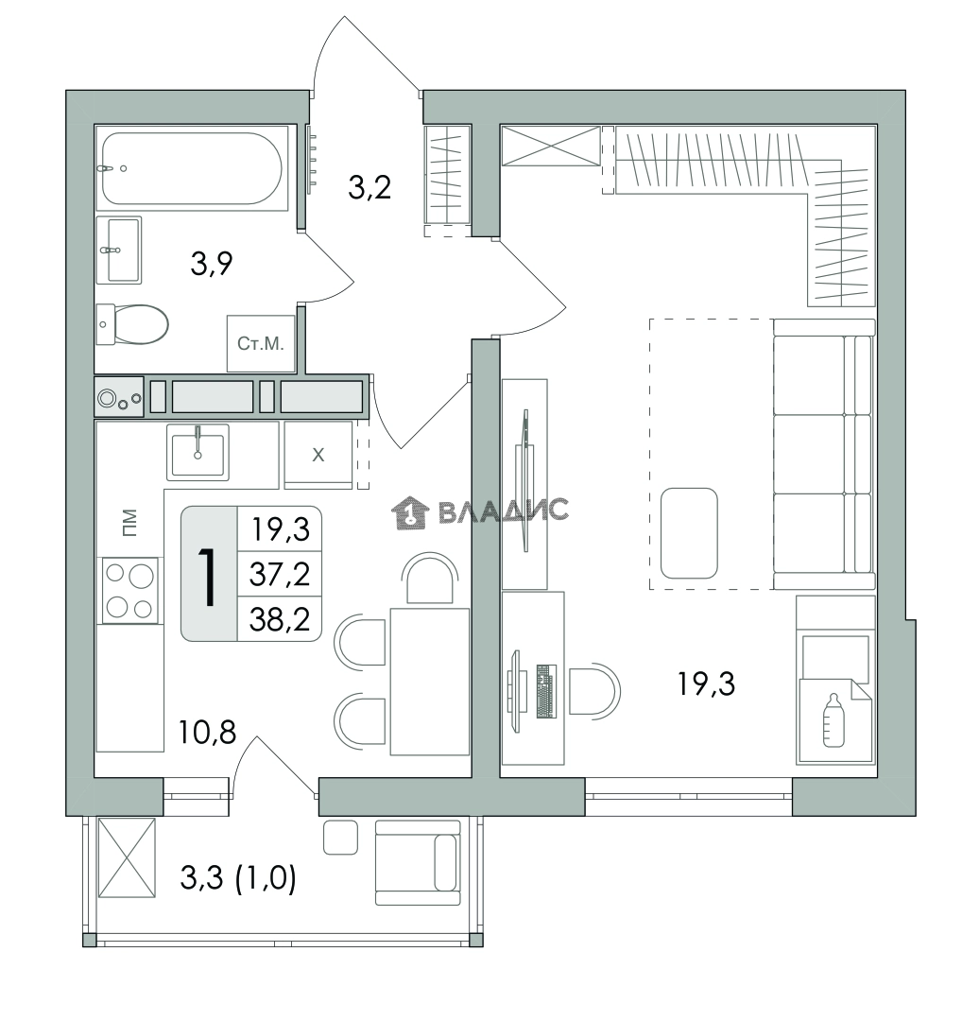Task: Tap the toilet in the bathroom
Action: (x=132, y=323)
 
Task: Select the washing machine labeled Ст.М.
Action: (x=261, y=344)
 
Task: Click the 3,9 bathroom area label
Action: (x=212, y=264)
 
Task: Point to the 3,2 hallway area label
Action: (x=369, y=187)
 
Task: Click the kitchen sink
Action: (x=198, y=452)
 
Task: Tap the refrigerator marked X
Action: (x=318, y=455)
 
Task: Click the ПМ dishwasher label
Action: (x=130, y=522)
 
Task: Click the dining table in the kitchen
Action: (x=430, y=682)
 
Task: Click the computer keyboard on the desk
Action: (x=547, y=691)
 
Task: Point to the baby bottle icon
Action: (x=833, y=720)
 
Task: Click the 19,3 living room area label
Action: (x=706, y=684)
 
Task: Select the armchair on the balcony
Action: (x=419, y=863)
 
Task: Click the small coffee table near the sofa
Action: (x=689, y=533)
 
